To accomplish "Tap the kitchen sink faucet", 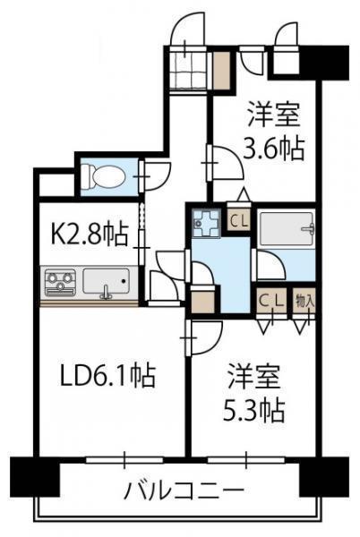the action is (107, 292).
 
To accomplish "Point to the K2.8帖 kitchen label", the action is (90, 234).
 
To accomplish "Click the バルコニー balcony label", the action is (184, 491).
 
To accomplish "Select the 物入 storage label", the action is (304, 302).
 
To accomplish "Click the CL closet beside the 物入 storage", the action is (271, 301).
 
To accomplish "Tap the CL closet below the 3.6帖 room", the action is (239, 220).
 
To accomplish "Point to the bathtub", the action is (287, 229).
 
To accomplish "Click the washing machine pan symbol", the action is (206, 223).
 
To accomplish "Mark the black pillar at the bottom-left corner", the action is (35, 477).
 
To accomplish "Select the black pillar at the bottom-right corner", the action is (324, 477).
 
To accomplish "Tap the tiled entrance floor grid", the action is (190, 72).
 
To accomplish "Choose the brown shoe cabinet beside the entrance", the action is (221, 71).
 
